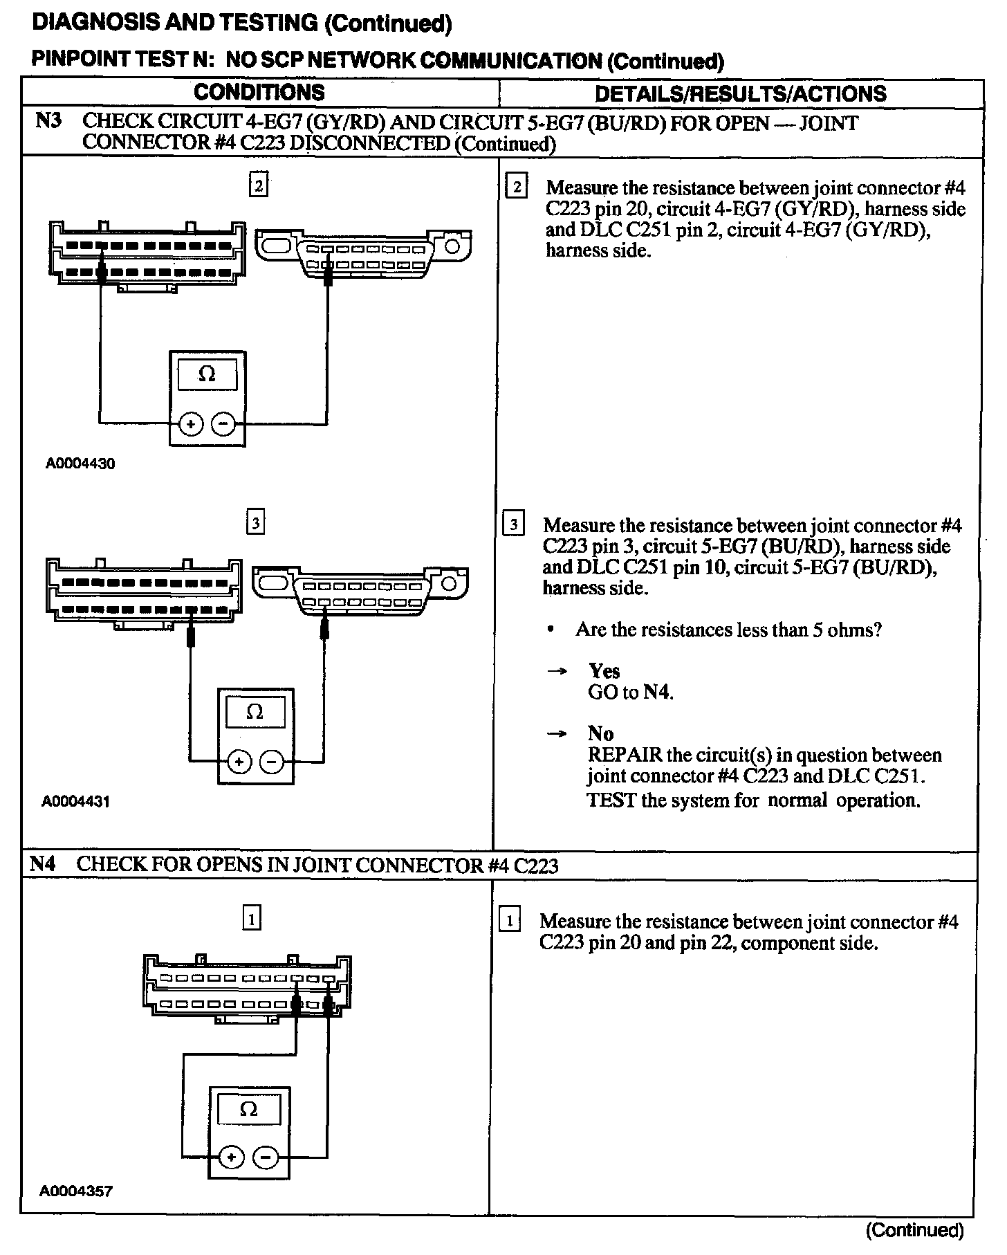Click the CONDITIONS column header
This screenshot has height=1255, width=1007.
[259, 93]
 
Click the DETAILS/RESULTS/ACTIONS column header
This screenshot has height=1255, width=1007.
[740, 93]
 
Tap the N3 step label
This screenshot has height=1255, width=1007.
[48, 122]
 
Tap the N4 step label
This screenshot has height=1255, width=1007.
[43, 863]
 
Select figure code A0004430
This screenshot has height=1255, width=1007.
[80, 464]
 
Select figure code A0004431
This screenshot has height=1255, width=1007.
[76, 801]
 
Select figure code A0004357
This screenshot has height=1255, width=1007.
[75, 1191]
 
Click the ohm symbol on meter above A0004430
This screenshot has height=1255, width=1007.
[207, 374]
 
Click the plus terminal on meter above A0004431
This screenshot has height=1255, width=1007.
[239, 762]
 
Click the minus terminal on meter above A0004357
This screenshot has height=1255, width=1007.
[266, 1157]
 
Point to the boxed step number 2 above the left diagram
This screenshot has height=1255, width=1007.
[258, 185]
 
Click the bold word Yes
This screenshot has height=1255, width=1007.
[604, 670]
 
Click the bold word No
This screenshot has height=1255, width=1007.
[600, 733]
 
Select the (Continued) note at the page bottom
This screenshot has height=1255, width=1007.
[914, 1229]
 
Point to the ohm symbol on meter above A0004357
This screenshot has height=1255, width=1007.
[248, 1110]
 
